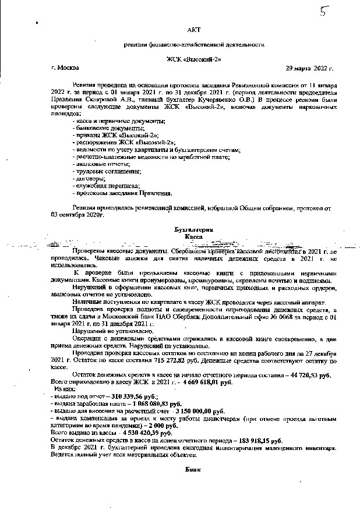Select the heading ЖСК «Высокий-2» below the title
point(193,59)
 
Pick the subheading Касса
point(193,238)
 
